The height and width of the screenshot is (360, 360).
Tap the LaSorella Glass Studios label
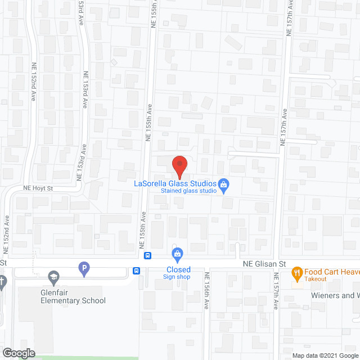coord(174,183)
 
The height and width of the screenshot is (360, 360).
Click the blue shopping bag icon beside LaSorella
coord(223,183)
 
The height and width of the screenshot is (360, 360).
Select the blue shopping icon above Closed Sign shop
coord(178,255)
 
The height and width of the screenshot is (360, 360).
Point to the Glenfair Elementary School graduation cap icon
coord(53,277)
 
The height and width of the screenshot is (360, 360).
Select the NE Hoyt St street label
coord(38,188)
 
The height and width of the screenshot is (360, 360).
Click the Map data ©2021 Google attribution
coord(325,355)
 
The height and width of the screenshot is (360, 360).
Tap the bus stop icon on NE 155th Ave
coord(147,256)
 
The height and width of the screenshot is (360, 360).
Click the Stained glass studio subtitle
coord(188,191)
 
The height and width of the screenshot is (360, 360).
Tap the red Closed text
coord(178,269)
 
